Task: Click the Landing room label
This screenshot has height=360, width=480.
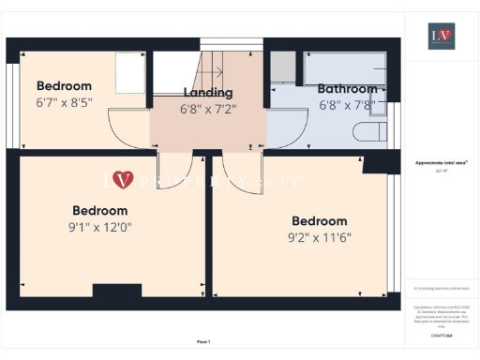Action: (x=208, y=92)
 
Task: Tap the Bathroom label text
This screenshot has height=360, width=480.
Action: (x=346, y=89)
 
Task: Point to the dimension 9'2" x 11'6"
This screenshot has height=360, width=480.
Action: (x=319, y=236)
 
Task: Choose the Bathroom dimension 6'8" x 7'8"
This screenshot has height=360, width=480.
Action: (x=346, y=105)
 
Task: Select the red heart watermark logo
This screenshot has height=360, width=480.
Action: (x=123, y=178)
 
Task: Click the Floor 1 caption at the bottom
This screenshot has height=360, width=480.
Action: (x=202, y=341)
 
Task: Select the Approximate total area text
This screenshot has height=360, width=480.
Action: (x=441, y=162)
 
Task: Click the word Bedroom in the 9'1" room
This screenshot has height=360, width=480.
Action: (x=99, y=210)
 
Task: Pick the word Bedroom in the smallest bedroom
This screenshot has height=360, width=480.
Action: (x=64, y=85)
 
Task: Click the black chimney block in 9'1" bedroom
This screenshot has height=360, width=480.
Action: (x=116, y=291)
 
